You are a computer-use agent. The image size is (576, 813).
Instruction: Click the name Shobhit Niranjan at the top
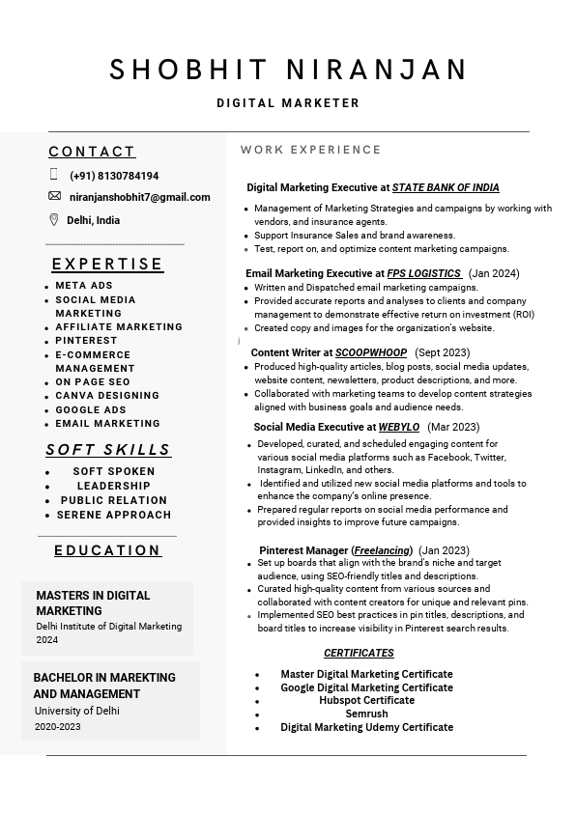coord(288,70)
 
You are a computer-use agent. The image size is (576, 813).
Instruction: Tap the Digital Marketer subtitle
coord(288,103)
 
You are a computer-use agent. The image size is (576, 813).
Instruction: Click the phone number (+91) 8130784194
coord(114,176)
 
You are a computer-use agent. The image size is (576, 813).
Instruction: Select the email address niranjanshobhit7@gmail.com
coord(139,197)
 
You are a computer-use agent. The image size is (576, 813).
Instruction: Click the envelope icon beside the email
coord(54,196)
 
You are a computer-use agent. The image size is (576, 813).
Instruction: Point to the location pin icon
coord(54,219)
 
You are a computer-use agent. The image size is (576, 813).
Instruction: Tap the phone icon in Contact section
coord(54,175)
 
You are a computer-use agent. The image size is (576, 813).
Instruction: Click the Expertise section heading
coord(107,264)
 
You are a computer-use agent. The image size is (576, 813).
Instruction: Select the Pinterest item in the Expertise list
coord(86,341)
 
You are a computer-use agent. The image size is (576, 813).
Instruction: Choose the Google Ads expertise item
coord(91,409)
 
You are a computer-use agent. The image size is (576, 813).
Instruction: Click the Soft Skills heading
coord(108,449)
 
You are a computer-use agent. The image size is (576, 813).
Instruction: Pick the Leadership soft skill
coord(113,486)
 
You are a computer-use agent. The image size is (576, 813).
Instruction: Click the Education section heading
coord(107,550)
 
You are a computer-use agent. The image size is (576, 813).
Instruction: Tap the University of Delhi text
coord(77,711)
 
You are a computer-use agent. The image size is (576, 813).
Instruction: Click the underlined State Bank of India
coord(446,187)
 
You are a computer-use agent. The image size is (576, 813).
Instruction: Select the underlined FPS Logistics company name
coord(423,273)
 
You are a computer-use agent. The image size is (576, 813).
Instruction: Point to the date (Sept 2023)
coord(442,352)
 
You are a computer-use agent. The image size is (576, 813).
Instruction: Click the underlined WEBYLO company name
coord(399,427)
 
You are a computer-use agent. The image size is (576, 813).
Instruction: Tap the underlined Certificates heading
coord(359,653)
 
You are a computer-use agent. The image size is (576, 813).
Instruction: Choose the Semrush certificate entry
coord(366,714)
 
